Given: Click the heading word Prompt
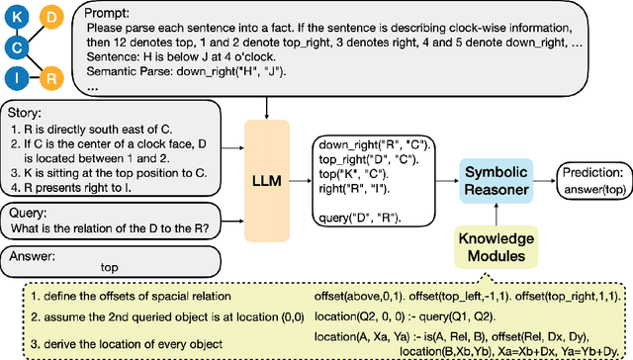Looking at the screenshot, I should click(x=106, y=14).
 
